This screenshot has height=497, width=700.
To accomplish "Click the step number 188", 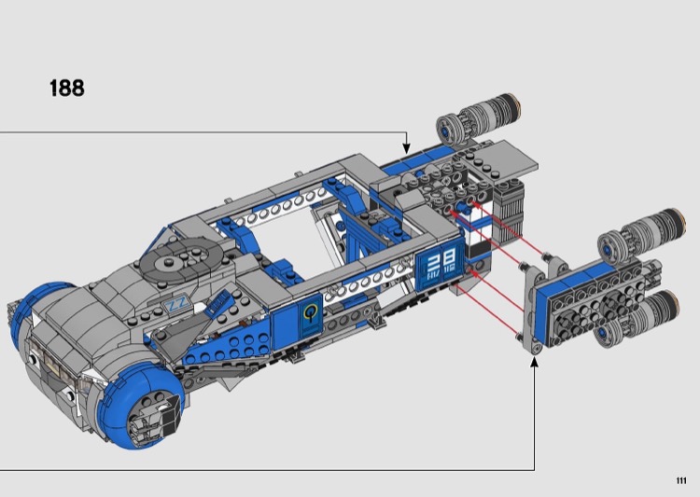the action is pyautogui.click(x=67, y=89).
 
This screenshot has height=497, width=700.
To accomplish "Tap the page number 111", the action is pyautogui.click(x=680, y=480).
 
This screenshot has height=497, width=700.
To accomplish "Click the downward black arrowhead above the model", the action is pyautogui.click(x=406, y=148).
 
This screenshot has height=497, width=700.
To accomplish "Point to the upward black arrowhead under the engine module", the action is pyautogui.click(x=534, y=363).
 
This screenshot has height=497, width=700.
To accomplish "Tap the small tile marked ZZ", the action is pyautogui.click(x=177, y=306).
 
